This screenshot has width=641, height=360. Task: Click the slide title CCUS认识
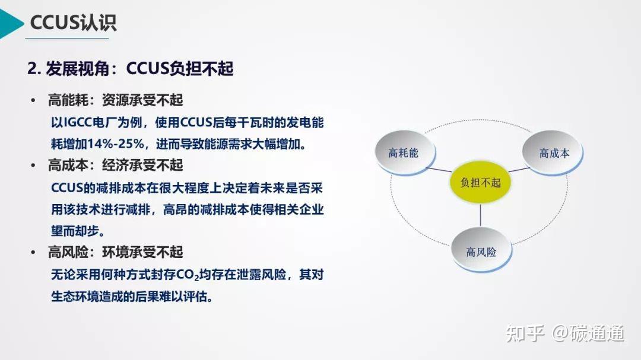coord(74,22)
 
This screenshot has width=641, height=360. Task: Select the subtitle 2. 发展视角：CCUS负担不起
coord(131,69)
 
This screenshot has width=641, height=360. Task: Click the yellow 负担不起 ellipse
coord(480,182)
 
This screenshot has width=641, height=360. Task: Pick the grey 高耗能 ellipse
coord(403,153)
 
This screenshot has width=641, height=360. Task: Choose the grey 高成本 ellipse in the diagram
coord(553,153)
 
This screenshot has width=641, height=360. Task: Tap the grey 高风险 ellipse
coord(481,251)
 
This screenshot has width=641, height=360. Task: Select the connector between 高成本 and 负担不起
coord(518,171)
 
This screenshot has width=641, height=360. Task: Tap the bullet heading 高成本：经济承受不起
coord(115,165)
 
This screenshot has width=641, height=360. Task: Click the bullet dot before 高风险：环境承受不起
coord(34,253)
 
